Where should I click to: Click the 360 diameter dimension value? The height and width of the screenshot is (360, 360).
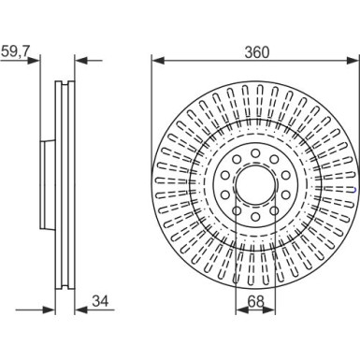click(253, 51)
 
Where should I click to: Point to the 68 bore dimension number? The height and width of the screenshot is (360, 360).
click(253, 301)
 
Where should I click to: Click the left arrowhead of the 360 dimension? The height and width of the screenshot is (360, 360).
click(156, 62)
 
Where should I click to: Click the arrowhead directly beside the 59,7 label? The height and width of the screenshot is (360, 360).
click(37, 62)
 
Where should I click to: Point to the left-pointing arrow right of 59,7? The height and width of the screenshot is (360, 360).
click(79, 62)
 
